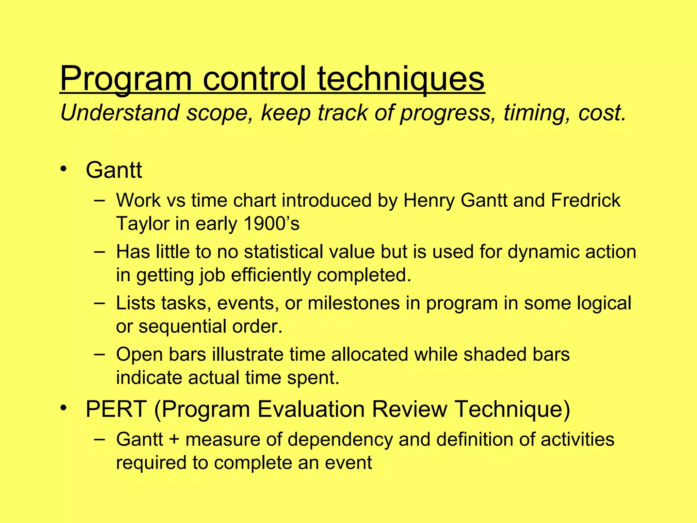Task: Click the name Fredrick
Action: (x=585, y=200)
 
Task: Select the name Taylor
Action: (x=143, y=224)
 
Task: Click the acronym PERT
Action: (x=116, y=409)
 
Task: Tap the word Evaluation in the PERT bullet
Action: (x=311, y=409)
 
